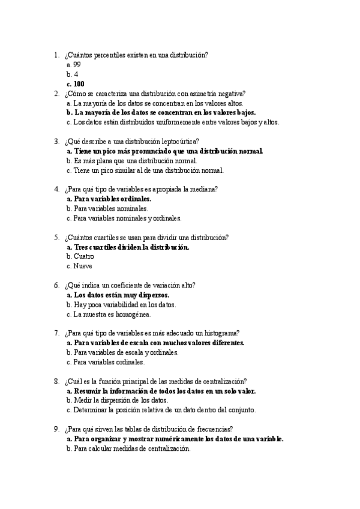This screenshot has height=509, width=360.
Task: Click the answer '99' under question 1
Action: (x=77, y=64)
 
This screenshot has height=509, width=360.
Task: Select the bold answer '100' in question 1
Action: (x=79, y=83)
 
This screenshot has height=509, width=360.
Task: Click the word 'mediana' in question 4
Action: (x=205, y=189)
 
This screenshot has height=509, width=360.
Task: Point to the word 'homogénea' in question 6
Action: (x=134, y=314)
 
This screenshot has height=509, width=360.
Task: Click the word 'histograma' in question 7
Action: (x=221, y=333)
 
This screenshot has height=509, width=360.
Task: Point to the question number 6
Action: (x=56, y=285)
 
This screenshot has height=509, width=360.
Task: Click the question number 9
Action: (x=56, y=429)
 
